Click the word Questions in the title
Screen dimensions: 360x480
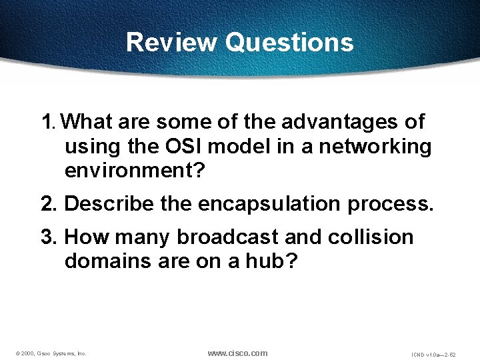coord(289,43)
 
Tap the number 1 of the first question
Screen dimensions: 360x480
coord(46,122)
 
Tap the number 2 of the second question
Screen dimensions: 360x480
coord(47,203)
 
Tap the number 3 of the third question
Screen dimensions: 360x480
coord(47,237)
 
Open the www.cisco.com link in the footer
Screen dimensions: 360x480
coord(237,353)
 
